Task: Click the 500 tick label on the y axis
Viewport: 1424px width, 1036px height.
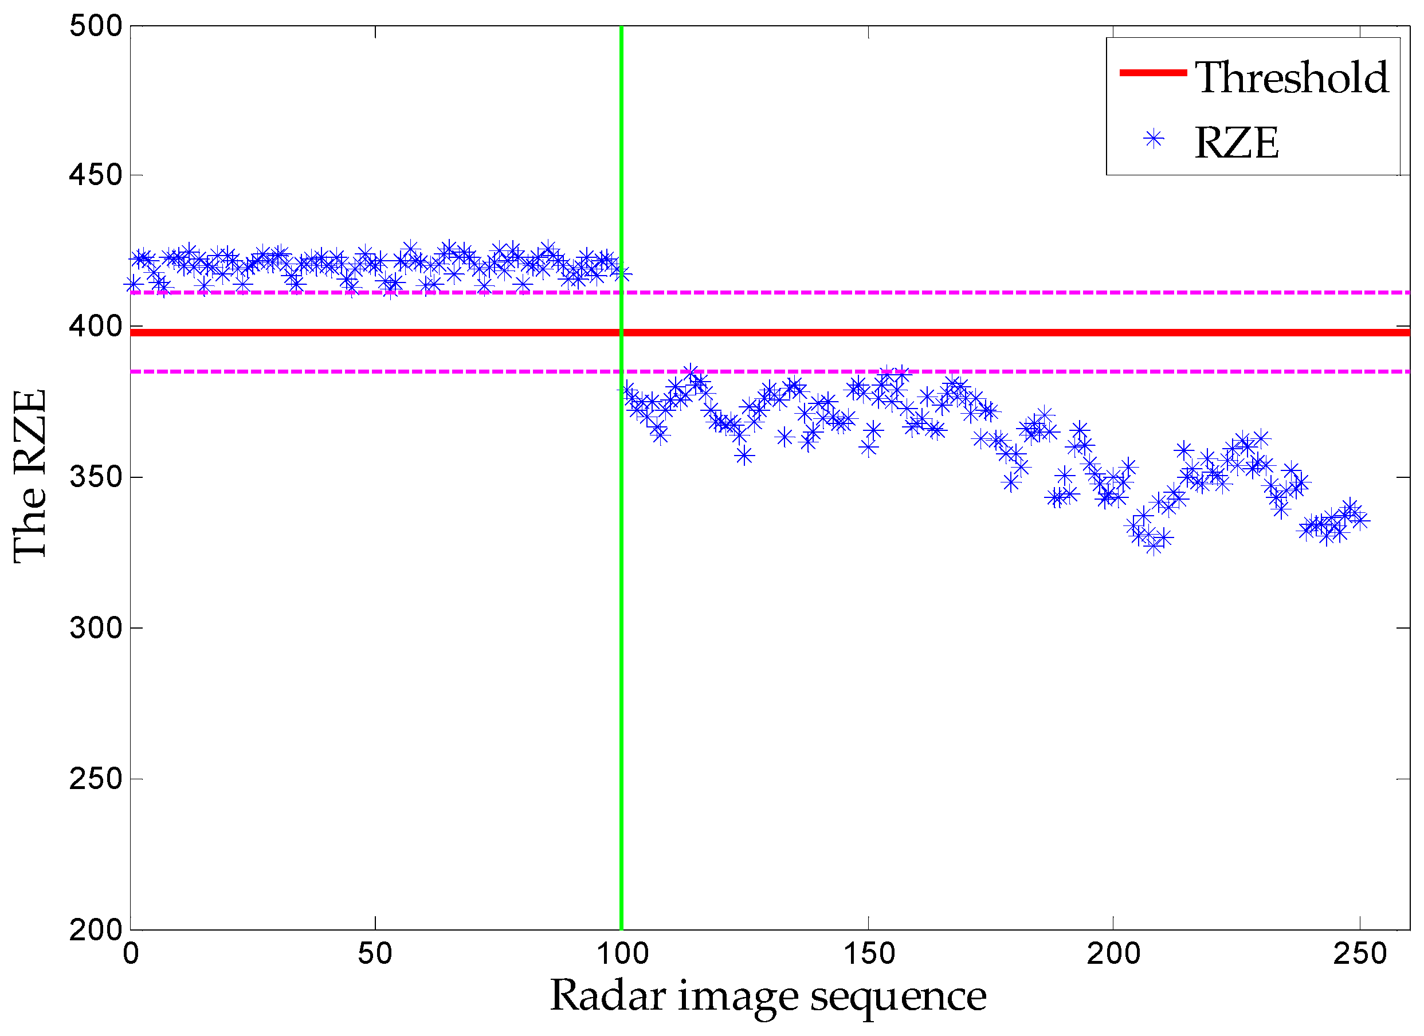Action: click(96, 26)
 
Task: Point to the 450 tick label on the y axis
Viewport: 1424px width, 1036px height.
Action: click(96, 175)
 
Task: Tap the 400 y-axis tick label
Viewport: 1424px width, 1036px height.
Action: click(96, 327)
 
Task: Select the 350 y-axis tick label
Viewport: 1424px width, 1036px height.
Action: click(96, 477)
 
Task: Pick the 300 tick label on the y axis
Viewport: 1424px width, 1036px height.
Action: click(96, 627)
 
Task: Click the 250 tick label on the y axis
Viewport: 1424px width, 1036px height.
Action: click(96, 779)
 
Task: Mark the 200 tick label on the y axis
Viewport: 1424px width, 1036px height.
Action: click(96, 929)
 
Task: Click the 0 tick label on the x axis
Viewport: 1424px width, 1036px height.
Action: click(131, 953)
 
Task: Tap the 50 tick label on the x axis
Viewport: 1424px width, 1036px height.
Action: click(375, 953)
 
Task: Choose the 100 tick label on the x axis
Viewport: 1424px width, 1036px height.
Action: click(622, 953)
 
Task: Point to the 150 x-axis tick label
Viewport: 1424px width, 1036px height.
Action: click(868, 953)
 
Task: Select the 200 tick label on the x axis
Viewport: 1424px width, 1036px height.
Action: click(1113, 953)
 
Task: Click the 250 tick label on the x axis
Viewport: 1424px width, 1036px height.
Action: click(1359, 953)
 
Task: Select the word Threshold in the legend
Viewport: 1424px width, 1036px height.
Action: click(1291, 78)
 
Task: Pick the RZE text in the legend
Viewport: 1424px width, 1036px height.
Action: click(1235, 143)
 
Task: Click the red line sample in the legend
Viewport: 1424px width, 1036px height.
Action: click(1153, 73)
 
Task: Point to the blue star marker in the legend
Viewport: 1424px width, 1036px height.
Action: click(1154, 139)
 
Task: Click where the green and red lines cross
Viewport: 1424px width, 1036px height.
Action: click(622, 332)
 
